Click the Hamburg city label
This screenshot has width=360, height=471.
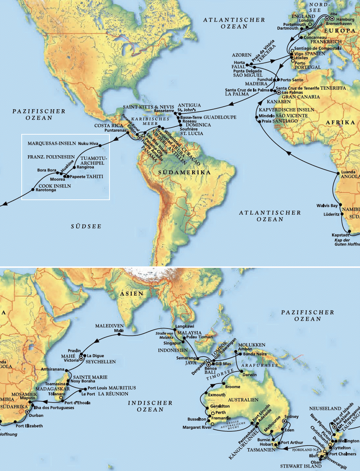345,19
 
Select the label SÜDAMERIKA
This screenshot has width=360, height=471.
184,172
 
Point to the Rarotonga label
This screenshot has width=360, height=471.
46,190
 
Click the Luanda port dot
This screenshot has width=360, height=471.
338,172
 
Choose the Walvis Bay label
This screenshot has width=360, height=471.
327,205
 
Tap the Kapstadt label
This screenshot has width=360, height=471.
340,235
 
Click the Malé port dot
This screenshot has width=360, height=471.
119,335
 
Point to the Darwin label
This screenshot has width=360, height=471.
250,374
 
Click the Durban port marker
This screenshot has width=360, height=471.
27,412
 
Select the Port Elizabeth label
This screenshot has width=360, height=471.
29,426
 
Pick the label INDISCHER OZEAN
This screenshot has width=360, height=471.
150,406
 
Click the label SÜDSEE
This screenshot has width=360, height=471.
86,226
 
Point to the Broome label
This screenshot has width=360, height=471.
233,386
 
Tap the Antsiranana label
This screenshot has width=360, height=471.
52,369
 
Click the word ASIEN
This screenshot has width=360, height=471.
132,294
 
